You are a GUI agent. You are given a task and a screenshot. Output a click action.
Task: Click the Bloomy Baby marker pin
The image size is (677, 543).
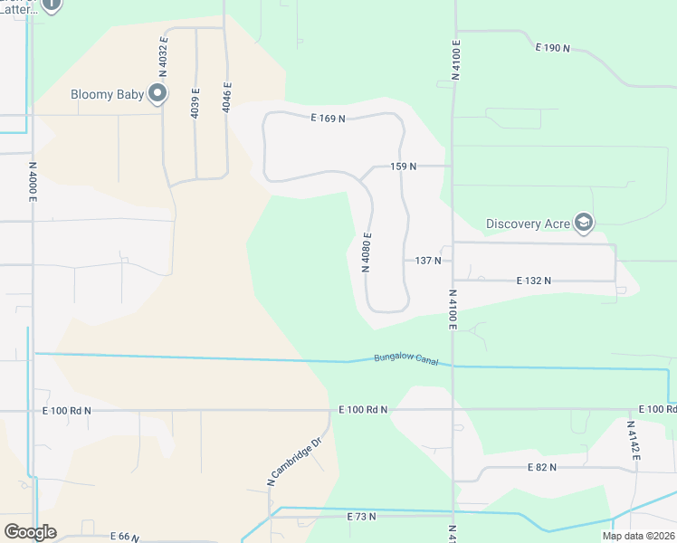[x=158, y=93]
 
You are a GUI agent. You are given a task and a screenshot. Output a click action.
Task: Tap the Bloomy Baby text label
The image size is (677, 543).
[x=108, y=94]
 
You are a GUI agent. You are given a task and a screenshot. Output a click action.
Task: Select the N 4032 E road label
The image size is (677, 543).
[x=164, y=54]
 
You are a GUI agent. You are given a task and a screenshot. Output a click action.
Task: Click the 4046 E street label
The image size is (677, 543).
[x=227, y=99]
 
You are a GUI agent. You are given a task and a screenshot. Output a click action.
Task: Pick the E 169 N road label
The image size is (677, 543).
[x=328, y=118]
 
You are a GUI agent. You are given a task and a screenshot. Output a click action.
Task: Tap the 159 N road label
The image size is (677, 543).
[x=403, y=167]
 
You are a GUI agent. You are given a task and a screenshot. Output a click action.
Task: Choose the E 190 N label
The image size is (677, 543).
[x=552, y=47]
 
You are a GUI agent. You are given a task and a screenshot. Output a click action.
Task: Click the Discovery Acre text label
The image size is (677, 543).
[x=526, y=224]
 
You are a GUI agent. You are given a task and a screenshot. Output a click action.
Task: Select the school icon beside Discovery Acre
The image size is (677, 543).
[x=584, y=223]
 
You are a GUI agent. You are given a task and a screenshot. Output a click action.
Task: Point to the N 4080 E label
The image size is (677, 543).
[x=367, y=252]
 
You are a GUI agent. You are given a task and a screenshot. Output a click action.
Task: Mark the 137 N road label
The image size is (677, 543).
[x=428, y=261]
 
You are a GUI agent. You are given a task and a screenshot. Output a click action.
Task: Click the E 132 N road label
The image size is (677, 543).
[x=534, y=281]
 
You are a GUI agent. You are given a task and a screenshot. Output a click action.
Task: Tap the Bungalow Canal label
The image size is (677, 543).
[x=406, y=359]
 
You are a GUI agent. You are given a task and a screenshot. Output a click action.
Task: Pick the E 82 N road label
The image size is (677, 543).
[x=541, y=467]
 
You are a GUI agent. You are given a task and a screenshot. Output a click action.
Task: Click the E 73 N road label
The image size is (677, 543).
[x=360, y=516]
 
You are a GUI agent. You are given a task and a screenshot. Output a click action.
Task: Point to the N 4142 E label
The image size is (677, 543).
[x=634, y=442]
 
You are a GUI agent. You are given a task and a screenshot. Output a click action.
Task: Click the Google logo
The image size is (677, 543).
[x=30, y=532]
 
